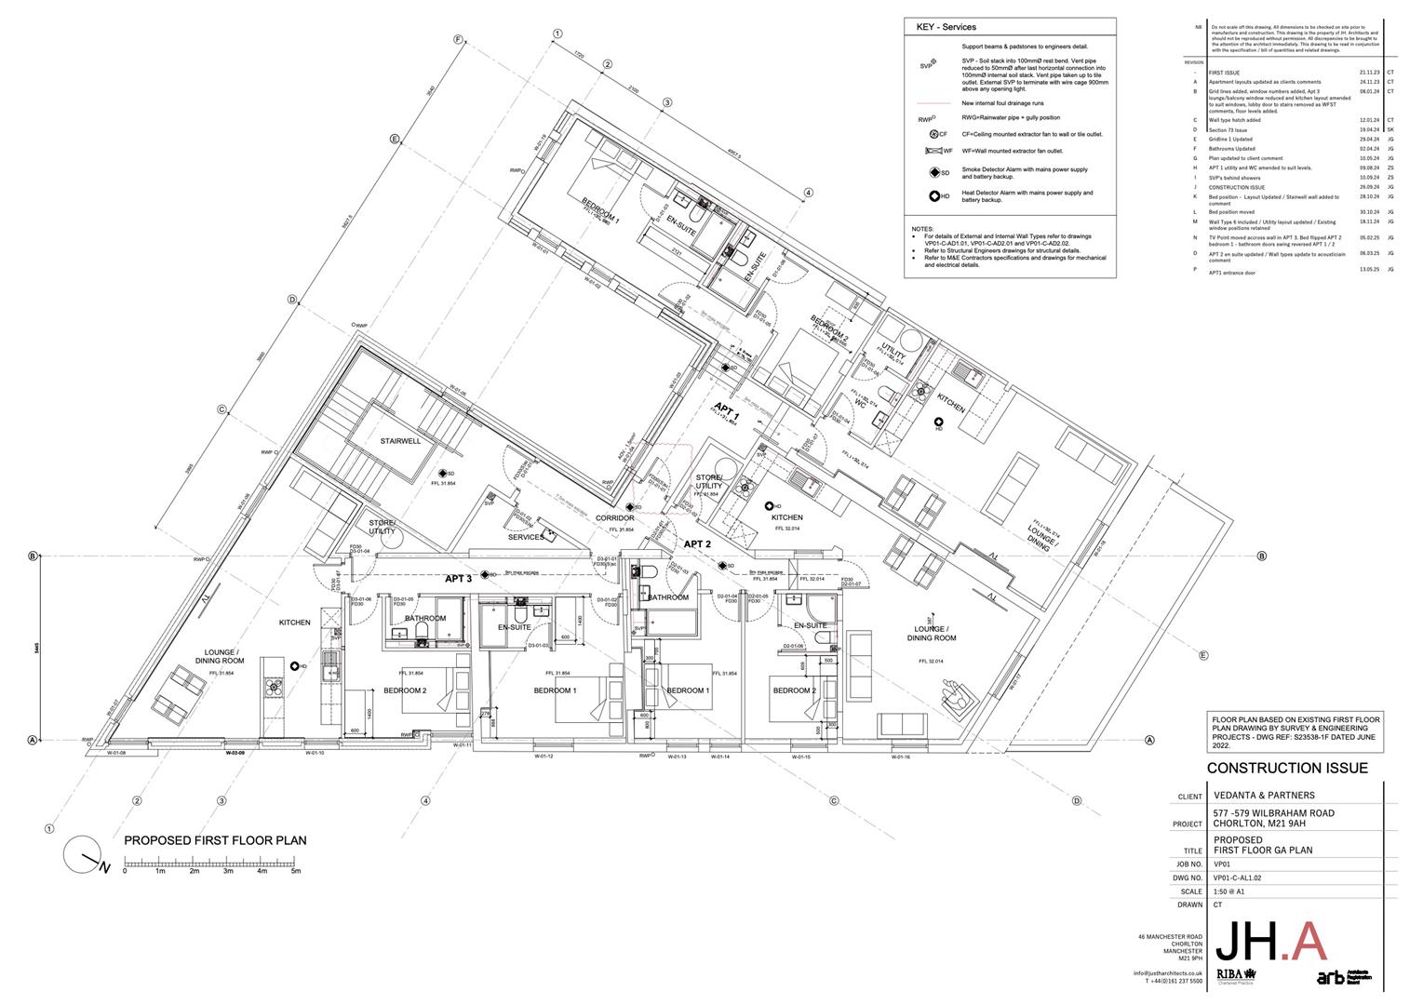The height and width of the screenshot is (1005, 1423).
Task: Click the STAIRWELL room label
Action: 400,441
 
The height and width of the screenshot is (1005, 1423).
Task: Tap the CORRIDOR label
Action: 614,518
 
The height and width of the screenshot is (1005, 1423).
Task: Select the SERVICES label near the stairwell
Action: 526,537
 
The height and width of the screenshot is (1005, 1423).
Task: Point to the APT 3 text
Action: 458,579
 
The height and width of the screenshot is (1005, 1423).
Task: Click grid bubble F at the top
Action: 458,39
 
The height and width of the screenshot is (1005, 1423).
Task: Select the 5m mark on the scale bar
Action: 296,872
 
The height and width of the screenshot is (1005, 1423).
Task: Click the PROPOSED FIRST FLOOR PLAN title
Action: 215,840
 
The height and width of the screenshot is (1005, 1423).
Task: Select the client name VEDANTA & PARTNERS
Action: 1265,796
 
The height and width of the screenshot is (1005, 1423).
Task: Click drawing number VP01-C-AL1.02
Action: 1244,878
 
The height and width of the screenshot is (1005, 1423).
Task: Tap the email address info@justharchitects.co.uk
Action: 1167,973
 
